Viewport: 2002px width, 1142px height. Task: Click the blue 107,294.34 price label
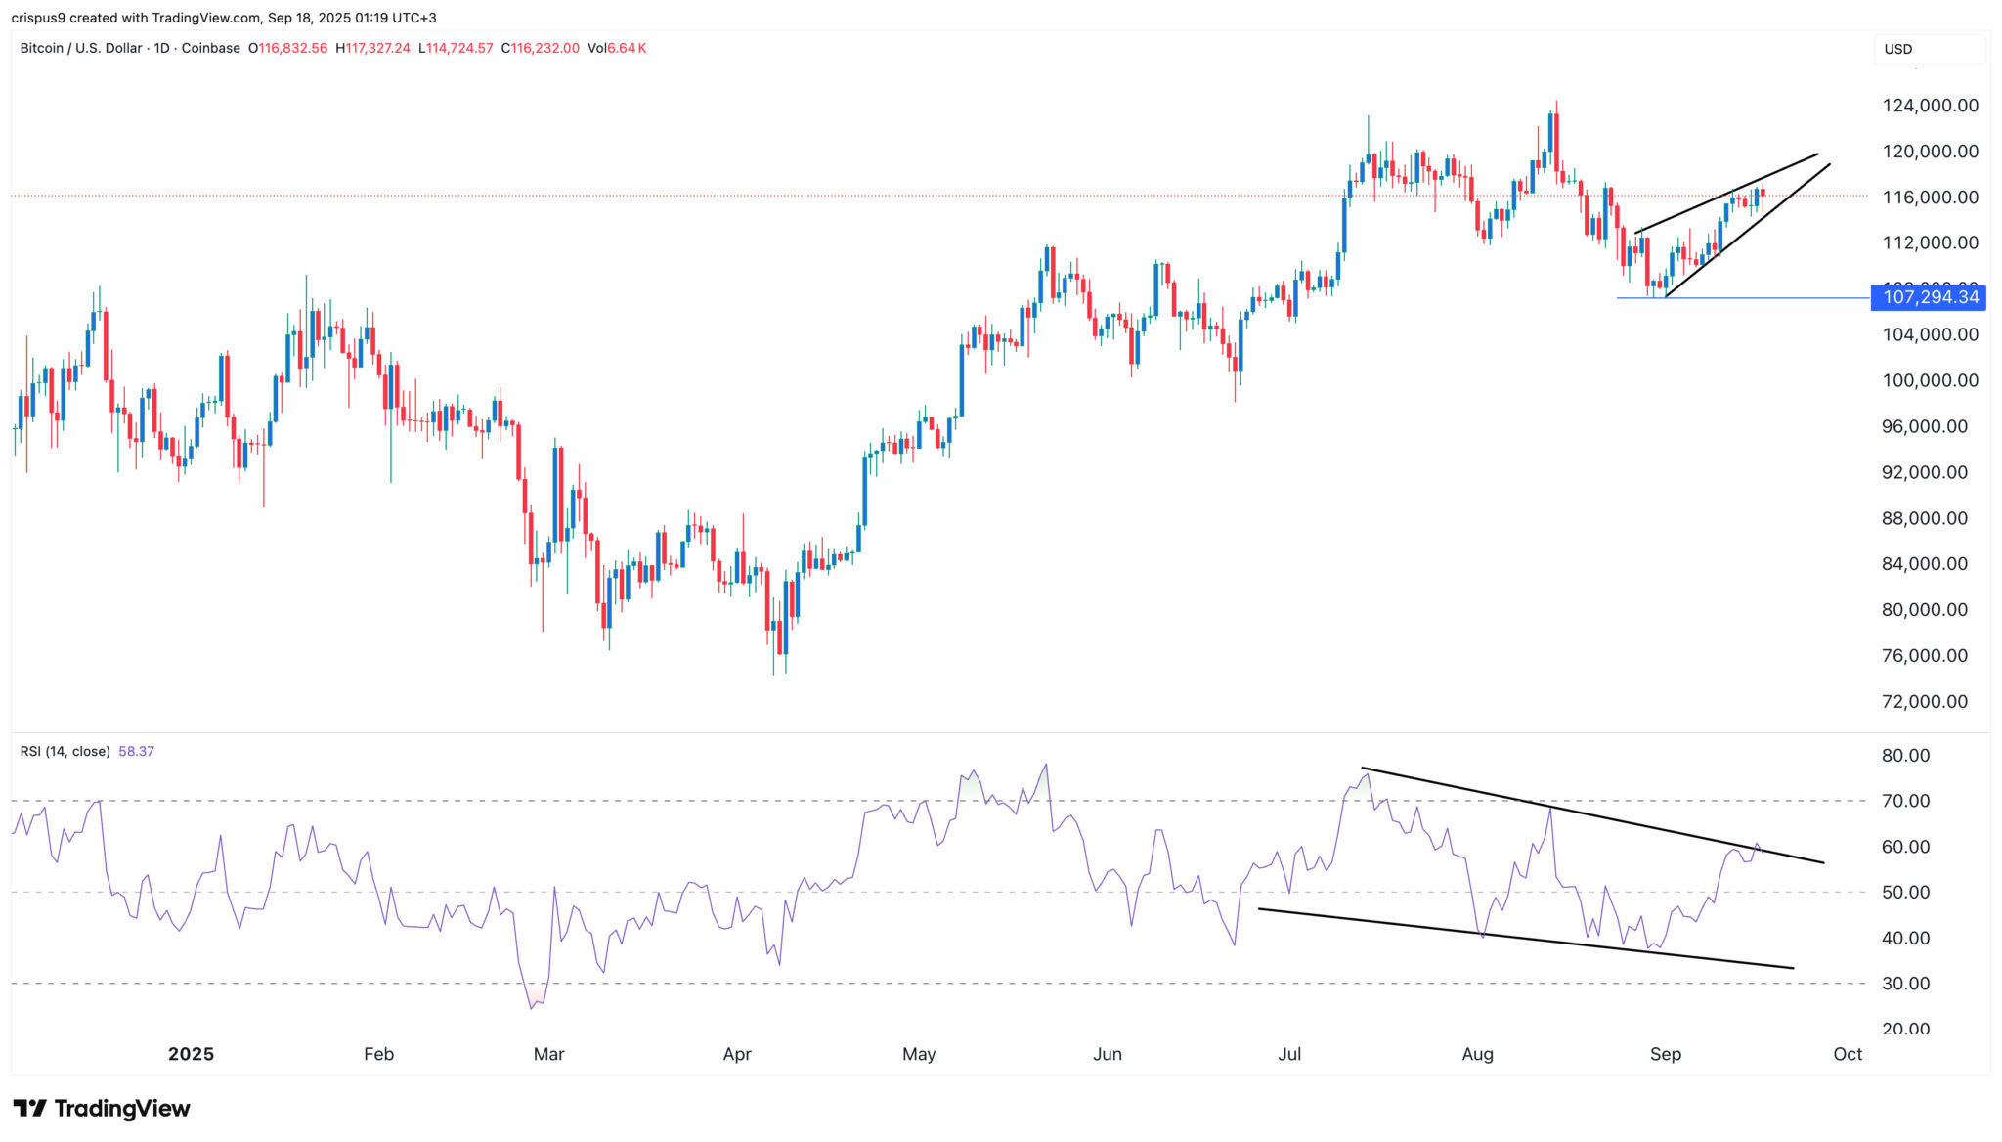coord(1929,297)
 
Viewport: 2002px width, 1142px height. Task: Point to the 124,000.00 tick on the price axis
coord(1930,106)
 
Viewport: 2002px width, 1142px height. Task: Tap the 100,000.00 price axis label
coord(1930,380)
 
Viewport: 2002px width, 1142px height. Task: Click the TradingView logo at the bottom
coord(102,1108)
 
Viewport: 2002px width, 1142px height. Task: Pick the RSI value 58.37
coord(136,752)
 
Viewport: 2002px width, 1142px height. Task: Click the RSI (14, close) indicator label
coord(65,752)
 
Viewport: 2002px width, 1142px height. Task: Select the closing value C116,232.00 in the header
coord(541,48)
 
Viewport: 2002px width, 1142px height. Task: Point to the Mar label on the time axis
coord(548,1054)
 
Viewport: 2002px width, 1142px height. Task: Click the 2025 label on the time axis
coord(191,1054)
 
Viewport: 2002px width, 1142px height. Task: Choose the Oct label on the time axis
coord(1848,1054)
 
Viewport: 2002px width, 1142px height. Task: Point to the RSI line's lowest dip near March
coord(532,1008)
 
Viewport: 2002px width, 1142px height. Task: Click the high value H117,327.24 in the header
coord(372,48)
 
